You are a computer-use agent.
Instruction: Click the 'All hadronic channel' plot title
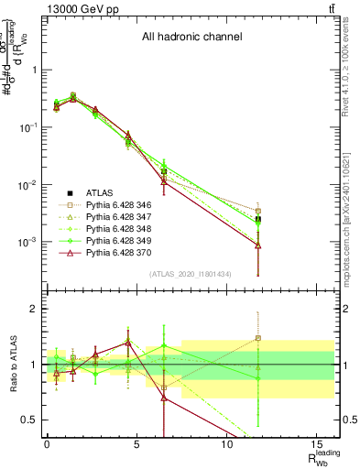[191, 38]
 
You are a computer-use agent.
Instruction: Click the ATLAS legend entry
[100, 192]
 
